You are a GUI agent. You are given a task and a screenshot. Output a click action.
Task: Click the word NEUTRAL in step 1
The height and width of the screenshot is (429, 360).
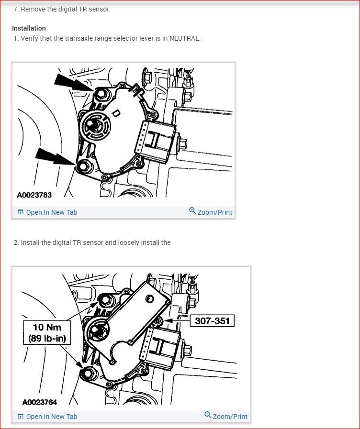184,38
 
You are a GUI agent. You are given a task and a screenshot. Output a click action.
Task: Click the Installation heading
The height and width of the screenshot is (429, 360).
29,28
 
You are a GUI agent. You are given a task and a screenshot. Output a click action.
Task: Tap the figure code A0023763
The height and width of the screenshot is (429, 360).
34,195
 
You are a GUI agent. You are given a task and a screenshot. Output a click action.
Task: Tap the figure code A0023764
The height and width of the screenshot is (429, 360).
39,402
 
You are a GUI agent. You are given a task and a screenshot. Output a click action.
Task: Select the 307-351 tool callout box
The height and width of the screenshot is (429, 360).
213,321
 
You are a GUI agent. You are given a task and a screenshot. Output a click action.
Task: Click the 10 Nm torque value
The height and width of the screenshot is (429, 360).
47,328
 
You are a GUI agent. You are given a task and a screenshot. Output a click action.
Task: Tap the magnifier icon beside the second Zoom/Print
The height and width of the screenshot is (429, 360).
208,415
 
